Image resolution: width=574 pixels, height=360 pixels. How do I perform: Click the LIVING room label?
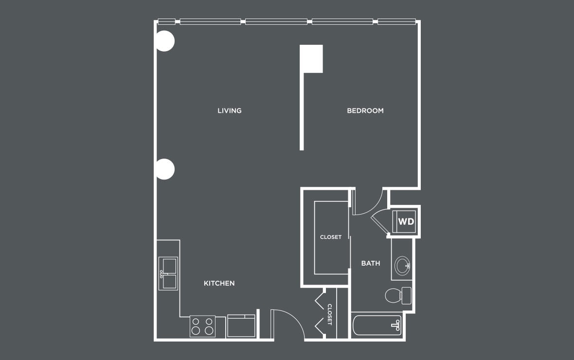click(x=230, y=110)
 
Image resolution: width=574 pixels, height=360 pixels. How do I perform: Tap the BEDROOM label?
click(x=365, y=110)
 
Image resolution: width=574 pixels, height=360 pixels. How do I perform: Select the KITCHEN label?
click(x=219, y=283)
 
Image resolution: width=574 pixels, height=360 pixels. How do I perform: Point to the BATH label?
click(x=371, y=263)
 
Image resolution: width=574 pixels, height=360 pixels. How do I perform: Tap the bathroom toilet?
click(x=398, y=296)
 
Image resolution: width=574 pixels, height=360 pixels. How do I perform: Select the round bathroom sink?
click(x=402, y=265)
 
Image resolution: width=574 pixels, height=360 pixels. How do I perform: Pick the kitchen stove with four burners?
click(x=202, y=326)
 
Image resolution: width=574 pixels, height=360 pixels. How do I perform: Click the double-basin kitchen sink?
click(x=168, y=273)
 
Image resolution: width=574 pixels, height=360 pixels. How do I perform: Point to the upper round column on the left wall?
click(x=165, y=41)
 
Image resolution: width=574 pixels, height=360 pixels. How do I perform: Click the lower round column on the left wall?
click(x=165, y=169)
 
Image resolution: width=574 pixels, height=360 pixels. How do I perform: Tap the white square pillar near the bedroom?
click(x=311, y=58)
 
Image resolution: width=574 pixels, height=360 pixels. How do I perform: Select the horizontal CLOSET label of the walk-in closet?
click(x=331, y=237)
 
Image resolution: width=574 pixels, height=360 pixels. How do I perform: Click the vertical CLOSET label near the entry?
click(x=329, y=314)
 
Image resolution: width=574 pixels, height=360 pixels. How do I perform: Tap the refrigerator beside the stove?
click(x=241, y=326)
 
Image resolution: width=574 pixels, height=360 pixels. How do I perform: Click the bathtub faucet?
click(x=396, y=325)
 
